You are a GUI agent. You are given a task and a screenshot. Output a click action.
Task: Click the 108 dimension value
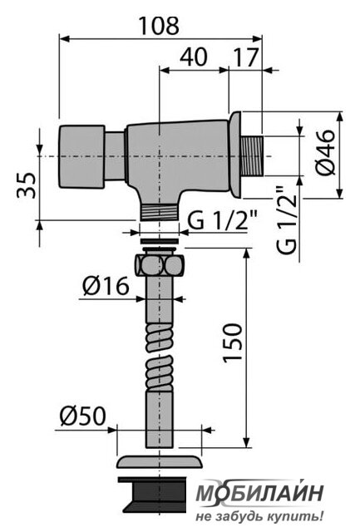[159, 26]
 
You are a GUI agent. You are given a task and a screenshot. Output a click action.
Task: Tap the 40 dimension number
[193, 57]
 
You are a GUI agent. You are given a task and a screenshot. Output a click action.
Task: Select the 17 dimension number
[246, 57]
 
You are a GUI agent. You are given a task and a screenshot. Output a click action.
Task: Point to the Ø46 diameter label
[325, 152]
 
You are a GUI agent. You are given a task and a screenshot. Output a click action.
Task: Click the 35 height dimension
[27, 185]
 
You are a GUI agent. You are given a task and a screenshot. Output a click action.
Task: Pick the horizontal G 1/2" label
[222, 219]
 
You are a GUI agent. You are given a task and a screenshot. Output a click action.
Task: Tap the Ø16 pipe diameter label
[106, 286]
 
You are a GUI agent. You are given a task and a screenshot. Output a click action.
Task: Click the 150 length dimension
[233, 343]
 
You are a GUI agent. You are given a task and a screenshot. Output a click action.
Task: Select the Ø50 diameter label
[83, 416]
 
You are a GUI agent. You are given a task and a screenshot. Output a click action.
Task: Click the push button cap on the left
[81, 156]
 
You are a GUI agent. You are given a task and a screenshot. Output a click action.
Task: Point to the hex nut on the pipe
[159, 264]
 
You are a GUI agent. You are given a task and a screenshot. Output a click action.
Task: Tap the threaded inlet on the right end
[252, 156]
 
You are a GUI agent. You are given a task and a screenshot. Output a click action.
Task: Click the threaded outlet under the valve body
[159, 213]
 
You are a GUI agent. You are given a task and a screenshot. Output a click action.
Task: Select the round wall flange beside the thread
[235, 155]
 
